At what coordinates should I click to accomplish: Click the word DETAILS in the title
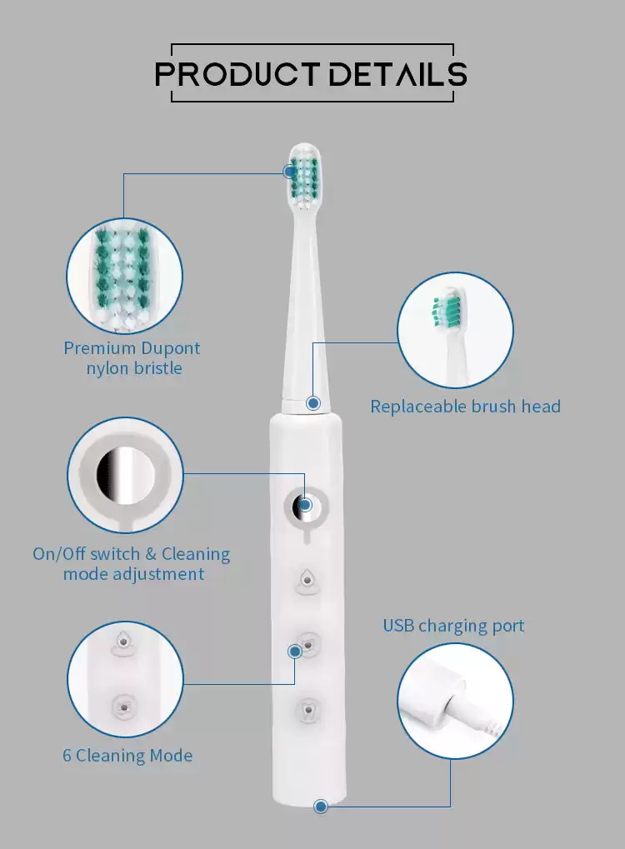[x=398, y=74]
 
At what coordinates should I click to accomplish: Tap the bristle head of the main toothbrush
[x=304, y=177]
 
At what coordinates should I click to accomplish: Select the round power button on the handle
[x=306, y=507]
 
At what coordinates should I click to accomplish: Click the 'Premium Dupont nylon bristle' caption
[x=132, y=358]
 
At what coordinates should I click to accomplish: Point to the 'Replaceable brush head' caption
[x=465, y=406]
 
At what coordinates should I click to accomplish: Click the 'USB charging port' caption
[x=453, y=626]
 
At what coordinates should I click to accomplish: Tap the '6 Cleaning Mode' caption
[x=127, y=756]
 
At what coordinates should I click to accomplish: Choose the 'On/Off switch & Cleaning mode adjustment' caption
[x=132, y=564]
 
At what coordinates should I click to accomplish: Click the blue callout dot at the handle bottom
[x=321, y=807]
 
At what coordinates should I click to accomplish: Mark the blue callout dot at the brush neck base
[x=313, y=403]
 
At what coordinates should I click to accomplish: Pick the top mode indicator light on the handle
[x=307, y=581]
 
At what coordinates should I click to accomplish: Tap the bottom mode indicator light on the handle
[x=307, y=710]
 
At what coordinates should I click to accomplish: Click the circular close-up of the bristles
[x=124, y=276]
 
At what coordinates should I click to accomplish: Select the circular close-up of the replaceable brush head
[x=455, y=330]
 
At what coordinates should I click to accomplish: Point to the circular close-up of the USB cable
[x=455, y=701]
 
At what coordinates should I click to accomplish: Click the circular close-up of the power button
[x=125, y=475]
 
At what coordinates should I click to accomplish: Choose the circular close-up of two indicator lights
[x=125, y=679]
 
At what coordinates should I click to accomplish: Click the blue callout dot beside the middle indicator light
[x=295, y=651]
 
